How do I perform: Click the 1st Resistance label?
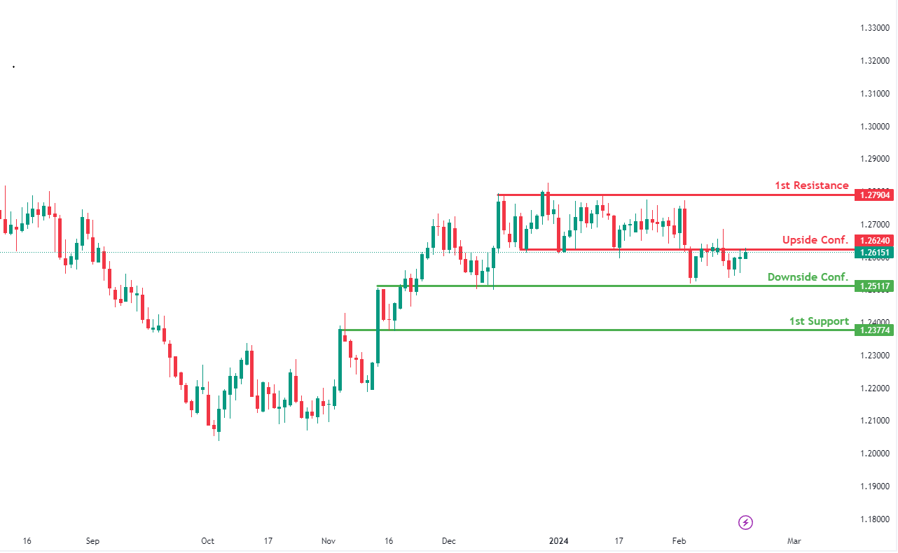[811, 185]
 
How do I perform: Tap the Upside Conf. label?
[815, 240]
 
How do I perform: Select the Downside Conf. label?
[808, 277]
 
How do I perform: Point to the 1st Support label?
[819, 321]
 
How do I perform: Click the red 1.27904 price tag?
[873, 195]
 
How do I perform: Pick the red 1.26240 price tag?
[873, 240]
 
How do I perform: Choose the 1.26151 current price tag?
[873, 252]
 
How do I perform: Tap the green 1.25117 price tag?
[873, 286]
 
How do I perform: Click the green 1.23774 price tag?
[873, 330]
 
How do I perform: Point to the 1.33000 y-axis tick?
[875, 28]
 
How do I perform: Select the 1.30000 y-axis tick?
[875, 127]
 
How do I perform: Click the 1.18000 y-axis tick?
[875, 519]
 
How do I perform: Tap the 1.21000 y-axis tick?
[875, 421]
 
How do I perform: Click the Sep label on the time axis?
[92, 541]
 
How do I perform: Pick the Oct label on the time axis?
[207, 541]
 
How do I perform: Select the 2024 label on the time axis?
[558, 541]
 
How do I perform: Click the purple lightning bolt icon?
[746, 522]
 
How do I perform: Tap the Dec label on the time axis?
[449, 541]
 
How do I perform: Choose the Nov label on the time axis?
[328, 541]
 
